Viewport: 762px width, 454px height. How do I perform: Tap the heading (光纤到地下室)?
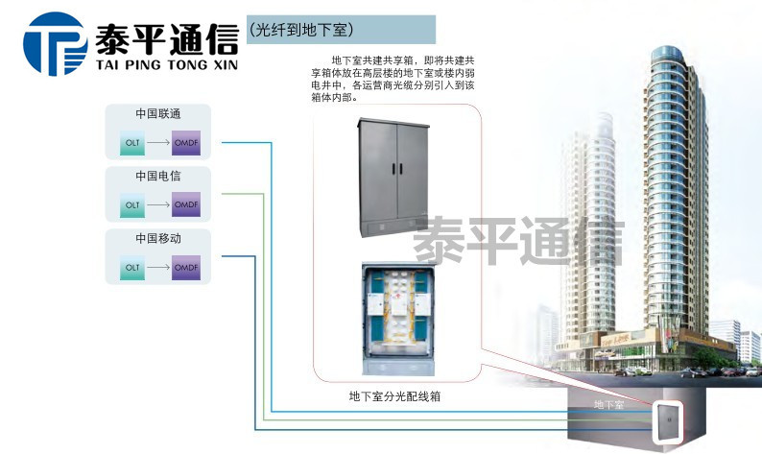(x=298, y=31)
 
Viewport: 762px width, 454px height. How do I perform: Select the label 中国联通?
(x=158, y=112)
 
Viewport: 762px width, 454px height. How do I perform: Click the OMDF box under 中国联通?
(x=186, y=143)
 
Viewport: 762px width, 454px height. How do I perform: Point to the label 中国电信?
(x=158, y=176)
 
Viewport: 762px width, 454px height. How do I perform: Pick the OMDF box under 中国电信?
(x=186, y=205)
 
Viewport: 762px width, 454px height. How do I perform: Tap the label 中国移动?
(x=158, y=237)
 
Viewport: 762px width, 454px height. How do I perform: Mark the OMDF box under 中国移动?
(x=186, y=268)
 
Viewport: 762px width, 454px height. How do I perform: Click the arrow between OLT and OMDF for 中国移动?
(x=159, y=268)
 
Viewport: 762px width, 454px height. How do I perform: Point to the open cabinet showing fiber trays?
(x=395, y=317)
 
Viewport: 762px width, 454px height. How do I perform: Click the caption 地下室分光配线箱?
(x=395, y=394)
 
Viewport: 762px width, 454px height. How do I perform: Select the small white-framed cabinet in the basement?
(x=663, y=420)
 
